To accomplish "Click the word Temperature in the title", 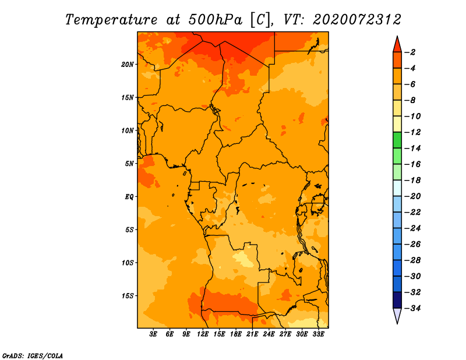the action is [x=111, y=20].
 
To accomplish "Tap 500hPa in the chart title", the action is [x=216, y=20].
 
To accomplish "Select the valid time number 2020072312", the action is [x=357, y=20].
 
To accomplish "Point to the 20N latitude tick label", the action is [x=128, y=65].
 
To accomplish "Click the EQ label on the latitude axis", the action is [x=129, y=197].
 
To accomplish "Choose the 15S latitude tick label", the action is [x=128, y=296].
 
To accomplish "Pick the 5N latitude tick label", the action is [x=129, y=164].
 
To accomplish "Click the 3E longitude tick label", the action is [x=153, y=334].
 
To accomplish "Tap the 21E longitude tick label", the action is [x=252, y=334].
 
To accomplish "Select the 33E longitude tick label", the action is [x=318, y=334].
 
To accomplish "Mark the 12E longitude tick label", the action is [x=202, y=334].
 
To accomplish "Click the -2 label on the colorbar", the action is [x=410, y=52].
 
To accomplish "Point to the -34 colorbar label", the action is [x=412, y=308].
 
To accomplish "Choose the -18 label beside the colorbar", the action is [x=412, y=181].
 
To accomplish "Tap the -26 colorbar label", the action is [x=412, y=244].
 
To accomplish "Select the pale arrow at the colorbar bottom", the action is [x=397, y=315].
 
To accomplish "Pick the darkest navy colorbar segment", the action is [x=397, y=300].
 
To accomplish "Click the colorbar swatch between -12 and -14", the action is [x=397, y=140].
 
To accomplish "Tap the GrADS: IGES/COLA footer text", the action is [x=33, y=356].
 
